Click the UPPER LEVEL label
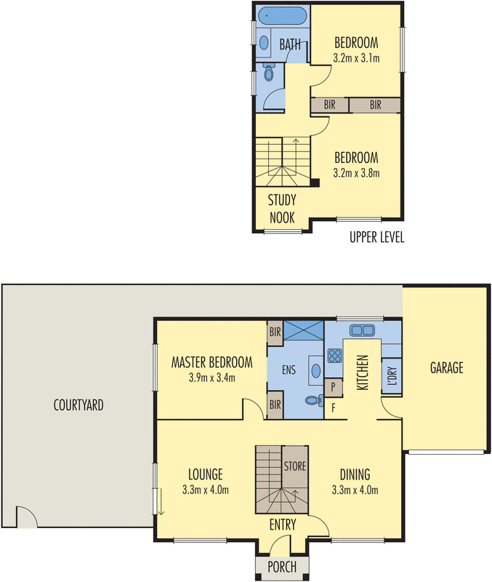[x=376, y=237]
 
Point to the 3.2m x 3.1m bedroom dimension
[x=357, y=57]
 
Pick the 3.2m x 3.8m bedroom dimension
[x=356, y=173]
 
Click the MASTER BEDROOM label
[x=211, y=362]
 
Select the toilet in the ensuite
[x=313, y=400]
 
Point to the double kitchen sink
[x=362, y=330]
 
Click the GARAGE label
[x=446, y=368]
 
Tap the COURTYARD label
[x=78, y=405]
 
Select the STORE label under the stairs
[x=294, y=466]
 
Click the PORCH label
[x=281, y=566]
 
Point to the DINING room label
[x=355, y=474]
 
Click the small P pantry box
[x=332, y=386]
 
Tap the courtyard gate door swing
[x=25, y=519]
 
